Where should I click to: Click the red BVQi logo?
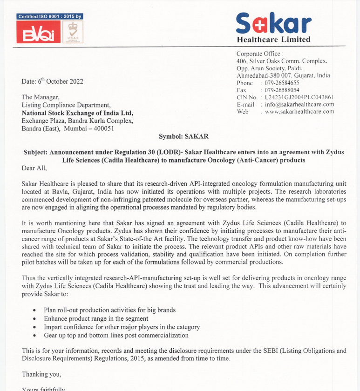point(38,32)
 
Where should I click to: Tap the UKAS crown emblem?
point(73,32)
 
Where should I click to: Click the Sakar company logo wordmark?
point(273,23)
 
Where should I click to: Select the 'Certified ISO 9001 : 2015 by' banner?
point(49,16)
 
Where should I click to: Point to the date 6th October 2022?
point(53,81)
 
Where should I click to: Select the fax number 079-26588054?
point(282,90)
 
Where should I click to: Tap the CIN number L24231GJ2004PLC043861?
point(299,97)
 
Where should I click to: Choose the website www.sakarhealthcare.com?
point(299,112)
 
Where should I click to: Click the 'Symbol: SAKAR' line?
point(183,136)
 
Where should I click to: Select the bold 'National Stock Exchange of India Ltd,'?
point(78,113)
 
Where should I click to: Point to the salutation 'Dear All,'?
point(34,168)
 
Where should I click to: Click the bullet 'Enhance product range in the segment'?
point(96,318)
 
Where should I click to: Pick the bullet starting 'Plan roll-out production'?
point(109,310)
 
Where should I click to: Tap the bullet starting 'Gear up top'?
point(116,335)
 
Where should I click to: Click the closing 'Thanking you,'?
point(41,374)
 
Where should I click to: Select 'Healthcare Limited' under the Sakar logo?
point(273,40)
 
